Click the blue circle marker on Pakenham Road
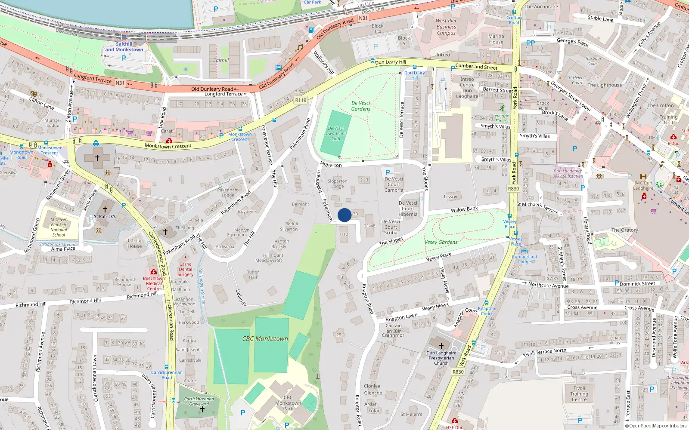coord(344,215)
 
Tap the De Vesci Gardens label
coord(361,106)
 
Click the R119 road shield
coord(301,100)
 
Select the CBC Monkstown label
coord(265,339)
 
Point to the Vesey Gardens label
coord(441,243)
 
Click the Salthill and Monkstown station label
coord(124,47)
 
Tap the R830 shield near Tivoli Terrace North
coord(458,372)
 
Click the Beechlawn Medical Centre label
coord(154,283)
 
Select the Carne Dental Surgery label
coord(186,270)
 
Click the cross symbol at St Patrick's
coord(105,209)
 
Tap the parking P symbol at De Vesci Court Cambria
coord(387,172)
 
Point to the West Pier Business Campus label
coord(446,27)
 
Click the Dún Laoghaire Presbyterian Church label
coord(441,358)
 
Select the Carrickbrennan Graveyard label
coord(199,401)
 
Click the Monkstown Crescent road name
coord(168,146)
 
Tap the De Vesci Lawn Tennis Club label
coord(336,133)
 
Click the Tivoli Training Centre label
coord(579,393)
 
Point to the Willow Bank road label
coord(464,209)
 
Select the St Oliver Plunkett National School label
coord(59,227)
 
